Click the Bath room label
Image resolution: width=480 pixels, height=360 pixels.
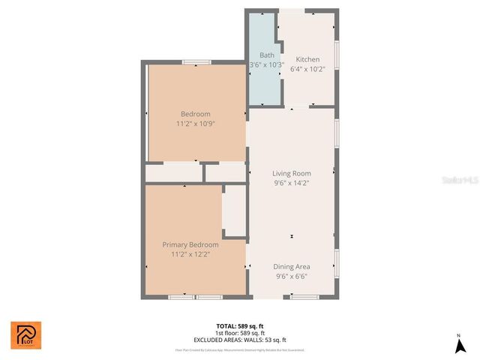click(x=267, y=55)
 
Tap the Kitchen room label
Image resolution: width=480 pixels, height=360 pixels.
click(x=307, y=59)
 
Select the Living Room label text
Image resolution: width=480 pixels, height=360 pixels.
click(x=292, y=173)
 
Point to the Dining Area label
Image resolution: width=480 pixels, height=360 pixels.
click(x=292, y=266)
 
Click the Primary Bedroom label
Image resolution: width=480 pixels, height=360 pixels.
click(x=191, y=244)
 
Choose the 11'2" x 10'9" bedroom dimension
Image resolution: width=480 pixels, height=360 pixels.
click(x=196, y=124)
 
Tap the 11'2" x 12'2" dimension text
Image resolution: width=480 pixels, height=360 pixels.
click(x=191, y=254)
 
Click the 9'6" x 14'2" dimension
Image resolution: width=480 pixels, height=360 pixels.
click(x=292, y=182)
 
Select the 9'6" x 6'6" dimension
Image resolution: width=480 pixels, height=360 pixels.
click(x=292, y=276)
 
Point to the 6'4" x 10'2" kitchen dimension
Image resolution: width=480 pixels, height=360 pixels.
click(x=307, y=68)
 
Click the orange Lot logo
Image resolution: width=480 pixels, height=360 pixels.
click(x=25, y=334)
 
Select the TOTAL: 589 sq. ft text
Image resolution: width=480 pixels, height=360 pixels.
click(x=240, y=326)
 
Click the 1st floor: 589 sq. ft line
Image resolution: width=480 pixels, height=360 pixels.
click(x=240, y=332)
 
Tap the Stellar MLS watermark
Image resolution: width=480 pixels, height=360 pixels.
click(x=460, y=181)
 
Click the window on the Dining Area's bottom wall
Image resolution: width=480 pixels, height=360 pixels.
click(x=304, y=297)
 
